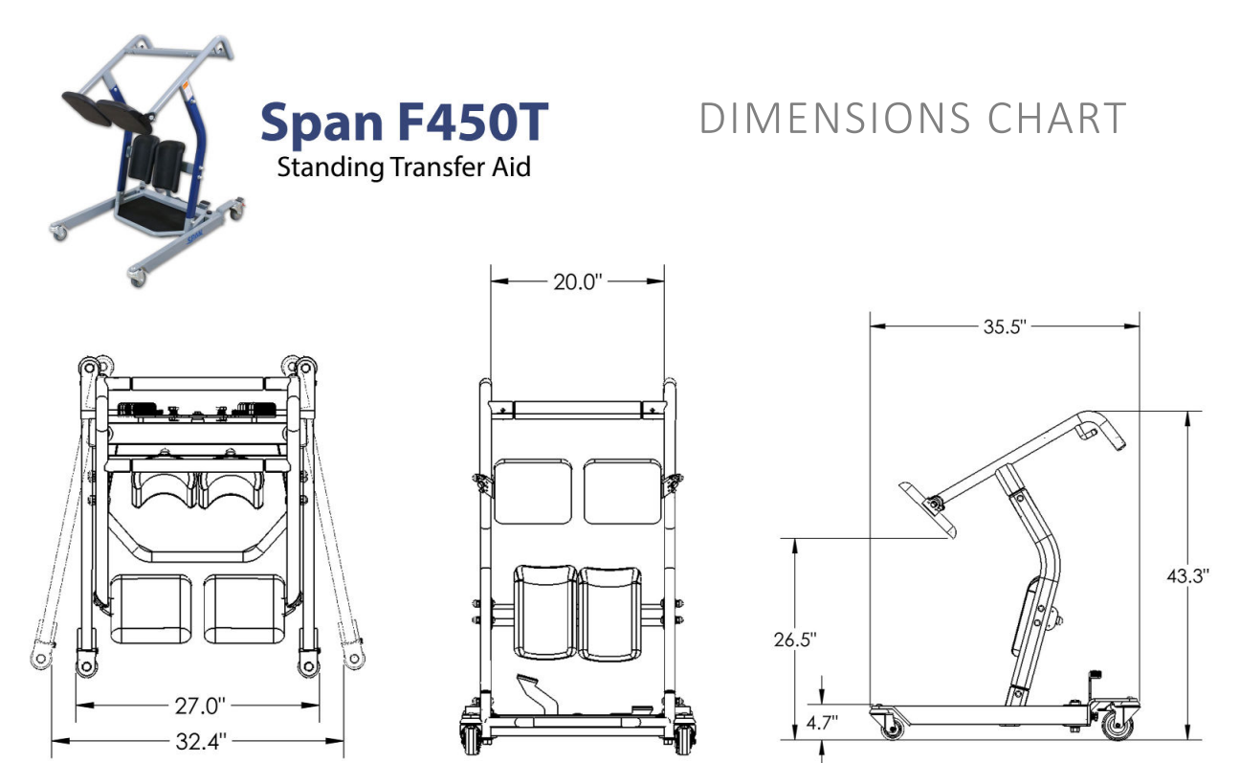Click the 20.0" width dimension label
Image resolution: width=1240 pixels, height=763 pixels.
[x=577, y=281]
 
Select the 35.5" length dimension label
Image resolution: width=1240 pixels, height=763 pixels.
[x=1005, y=326]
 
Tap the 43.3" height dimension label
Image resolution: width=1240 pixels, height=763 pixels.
[x=1188, y=576]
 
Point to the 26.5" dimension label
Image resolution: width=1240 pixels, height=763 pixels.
[x=795, y=640]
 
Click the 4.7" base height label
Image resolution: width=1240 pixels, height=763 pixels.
[x=822, y=723]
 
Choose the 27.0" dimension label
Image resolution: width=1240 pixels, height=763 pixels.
[x=200, y=706]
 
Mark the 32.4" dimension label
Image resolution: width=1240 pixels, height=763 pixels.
[x=201, y=741]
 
